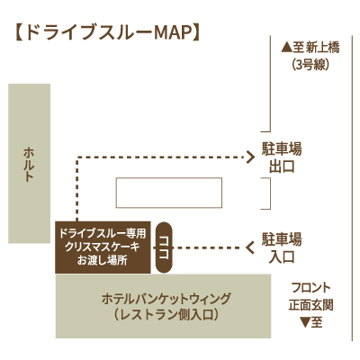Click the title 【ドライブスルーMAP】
point(107,32)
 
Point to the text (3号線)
point(310,65)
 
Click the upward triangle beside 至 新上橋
point(286,48)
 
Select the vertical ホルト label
point(29,165)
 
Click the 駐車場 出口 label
point(282,158)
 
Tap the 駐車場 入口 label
point(282,248)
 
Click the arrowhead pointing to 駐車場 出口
point(250,157)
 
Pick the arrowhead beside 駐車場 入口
point(250,247)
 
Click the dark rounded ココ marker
point(165,247)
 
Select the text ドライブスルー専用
point(103,233)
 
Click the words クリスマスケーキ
point(103,247)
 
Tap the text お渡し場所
point(103,260)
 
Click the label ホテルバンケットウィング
point(166,299)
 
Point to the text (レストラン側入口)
point(166,315)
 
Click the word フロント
point(311,288)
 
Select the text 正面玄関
point(311,305)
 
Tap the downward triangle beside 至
point(305,323)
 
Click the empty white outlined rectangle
point(169,178)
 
